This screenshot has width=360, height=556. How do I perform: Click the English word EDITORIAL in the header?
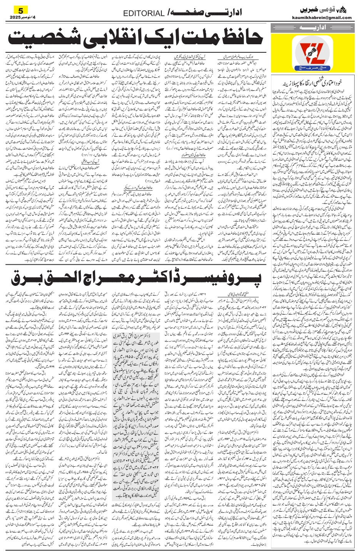144,13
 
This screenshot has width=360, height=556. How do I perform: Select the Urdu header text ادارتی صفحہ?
203,13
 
